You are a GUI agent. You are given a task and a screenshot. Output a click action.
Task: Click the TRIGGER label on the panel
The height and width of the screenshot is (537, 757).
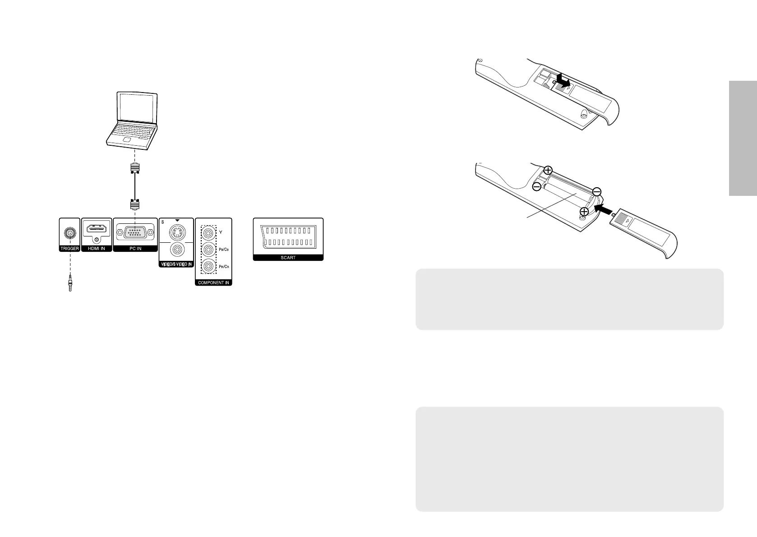69,249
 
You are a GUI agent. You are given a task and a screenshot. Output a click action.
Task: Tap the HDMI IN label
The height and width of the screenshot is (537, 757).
97,249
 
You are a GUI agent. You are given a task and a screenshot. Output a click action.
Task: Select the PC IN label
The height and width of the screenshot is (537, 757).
135,249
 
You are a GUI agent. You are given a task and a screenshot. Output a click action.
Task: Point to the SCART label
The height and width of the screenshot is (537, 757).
288,258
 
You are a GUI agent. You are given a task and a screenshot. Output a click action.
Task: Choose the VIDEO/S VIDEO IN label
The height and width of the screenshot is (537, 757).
176,264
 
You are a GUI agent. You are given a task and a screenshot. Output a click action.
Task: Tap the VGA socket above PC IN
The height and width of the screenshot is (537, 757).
135,233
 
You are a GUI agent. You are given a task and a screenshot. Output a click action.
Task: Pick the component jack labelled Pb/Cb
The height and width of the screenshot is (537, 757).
208,250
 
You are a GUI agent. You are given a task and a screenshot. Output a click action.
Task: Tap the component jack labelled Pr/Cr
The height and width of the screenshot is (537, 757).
208,266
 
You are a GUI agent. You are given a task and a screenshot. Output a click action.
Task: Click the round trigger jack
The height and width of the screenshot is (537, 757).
69,233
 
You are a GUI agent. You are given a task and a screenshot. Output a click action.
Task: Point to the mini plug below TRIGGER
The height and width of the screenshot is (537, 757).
70,283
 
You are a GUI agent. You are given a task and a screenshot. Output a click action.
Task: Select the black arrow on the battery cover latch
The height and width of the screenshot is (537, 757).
563,80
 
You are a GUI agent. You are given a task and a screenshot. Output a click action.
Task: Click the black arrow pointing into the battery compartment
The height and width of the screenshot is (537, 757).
605,209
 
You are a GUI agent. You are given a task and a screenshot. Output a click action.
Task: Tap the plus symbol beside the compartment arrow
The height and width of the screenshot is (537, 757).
584,211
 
